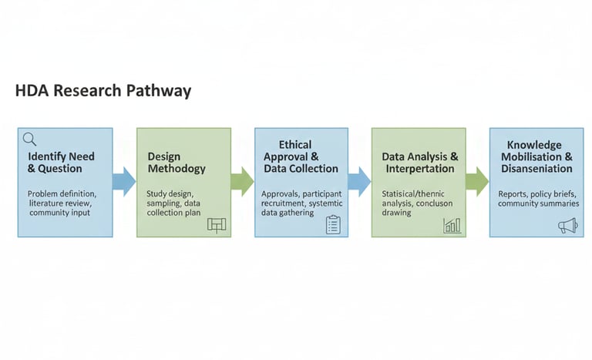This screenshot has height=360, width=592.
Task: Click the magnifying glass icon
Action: coord(29,140)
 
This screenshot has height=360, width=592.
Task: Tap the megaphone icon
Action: coord(568,225)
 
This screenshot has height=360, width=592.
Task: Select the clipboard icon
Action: coord(333,224)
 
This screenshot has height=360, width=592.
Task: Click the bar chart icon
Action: coord(452,225)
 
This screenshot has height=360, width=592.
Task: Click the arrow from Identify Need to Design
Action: coord(123,182)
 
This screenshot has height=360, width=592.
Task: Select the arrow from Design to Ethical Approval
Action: coord(241,182)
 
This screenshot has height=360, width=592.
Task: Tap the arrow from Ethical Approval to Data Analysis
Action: coord(359,182)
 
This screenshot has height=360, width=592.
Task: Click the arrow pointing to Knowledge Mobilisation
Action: coord(476,182)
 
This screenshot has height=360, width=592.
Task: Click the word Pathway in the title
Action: coord(159,91)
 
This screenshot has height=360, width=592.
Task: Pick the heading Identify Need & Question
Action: coord(60,163)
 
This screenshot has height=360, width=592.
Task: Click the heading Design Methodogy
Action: coord(177,163)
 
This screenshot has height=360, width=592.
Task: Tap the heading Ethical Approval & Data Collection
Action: coord(300,156)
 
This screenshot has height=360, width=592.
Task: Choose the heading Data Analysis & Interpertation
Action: coord(420,163)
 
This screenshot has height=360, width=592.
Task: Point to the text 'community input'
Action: coord(59,213)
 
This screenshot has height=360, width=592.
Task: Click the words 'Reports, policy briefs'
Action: coord(537,193)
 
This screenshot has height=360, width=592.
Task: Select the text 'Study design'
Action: coord(170,193)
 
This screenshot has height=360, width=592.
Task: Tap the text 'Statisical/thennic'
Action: coord(416,193)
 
